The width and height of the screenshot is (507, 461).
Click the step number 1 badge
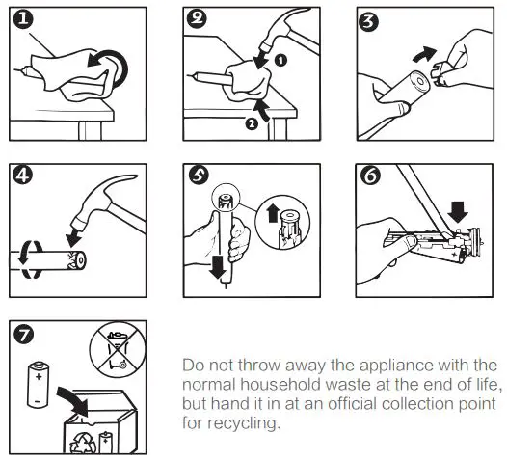click(x=23, y=19)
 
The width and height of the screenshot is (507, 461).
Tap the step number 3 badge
click(x=368, y=21)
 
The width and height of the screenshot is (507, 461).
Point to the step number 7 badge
click(x=23, y=335)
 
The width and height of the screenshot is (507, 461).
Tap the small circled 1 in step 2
click(x=281, y=60)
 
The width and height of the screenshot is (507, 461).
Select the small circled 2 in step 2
click(x=252, y=123)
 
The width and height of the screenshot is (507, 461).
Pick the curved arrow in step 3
click(x=424, y=53)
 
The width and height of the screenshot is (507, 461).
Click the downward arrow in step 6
click(x=458, y=212)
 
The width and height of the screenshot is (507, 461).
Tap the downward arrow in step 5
click(x=218, y=267)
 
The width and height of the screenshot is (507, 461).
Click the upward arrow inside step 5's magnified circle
click(x=273, y=213)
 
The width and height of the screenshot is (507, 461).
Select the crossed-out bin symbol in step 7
click(x=118, y=349)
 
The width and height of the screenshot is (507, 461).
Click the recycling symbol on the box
click(x=84, y=444)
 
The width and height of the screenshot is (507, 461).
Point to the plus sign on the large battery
click(x=39, y=376)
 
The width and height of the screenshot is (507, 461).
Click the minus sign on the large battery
click(x=38, y=401)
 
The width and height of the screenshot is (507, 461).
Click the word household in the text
click(x=280, y=385)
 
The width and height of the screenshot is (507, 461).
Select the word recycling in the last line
click(x=243, y=423)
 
